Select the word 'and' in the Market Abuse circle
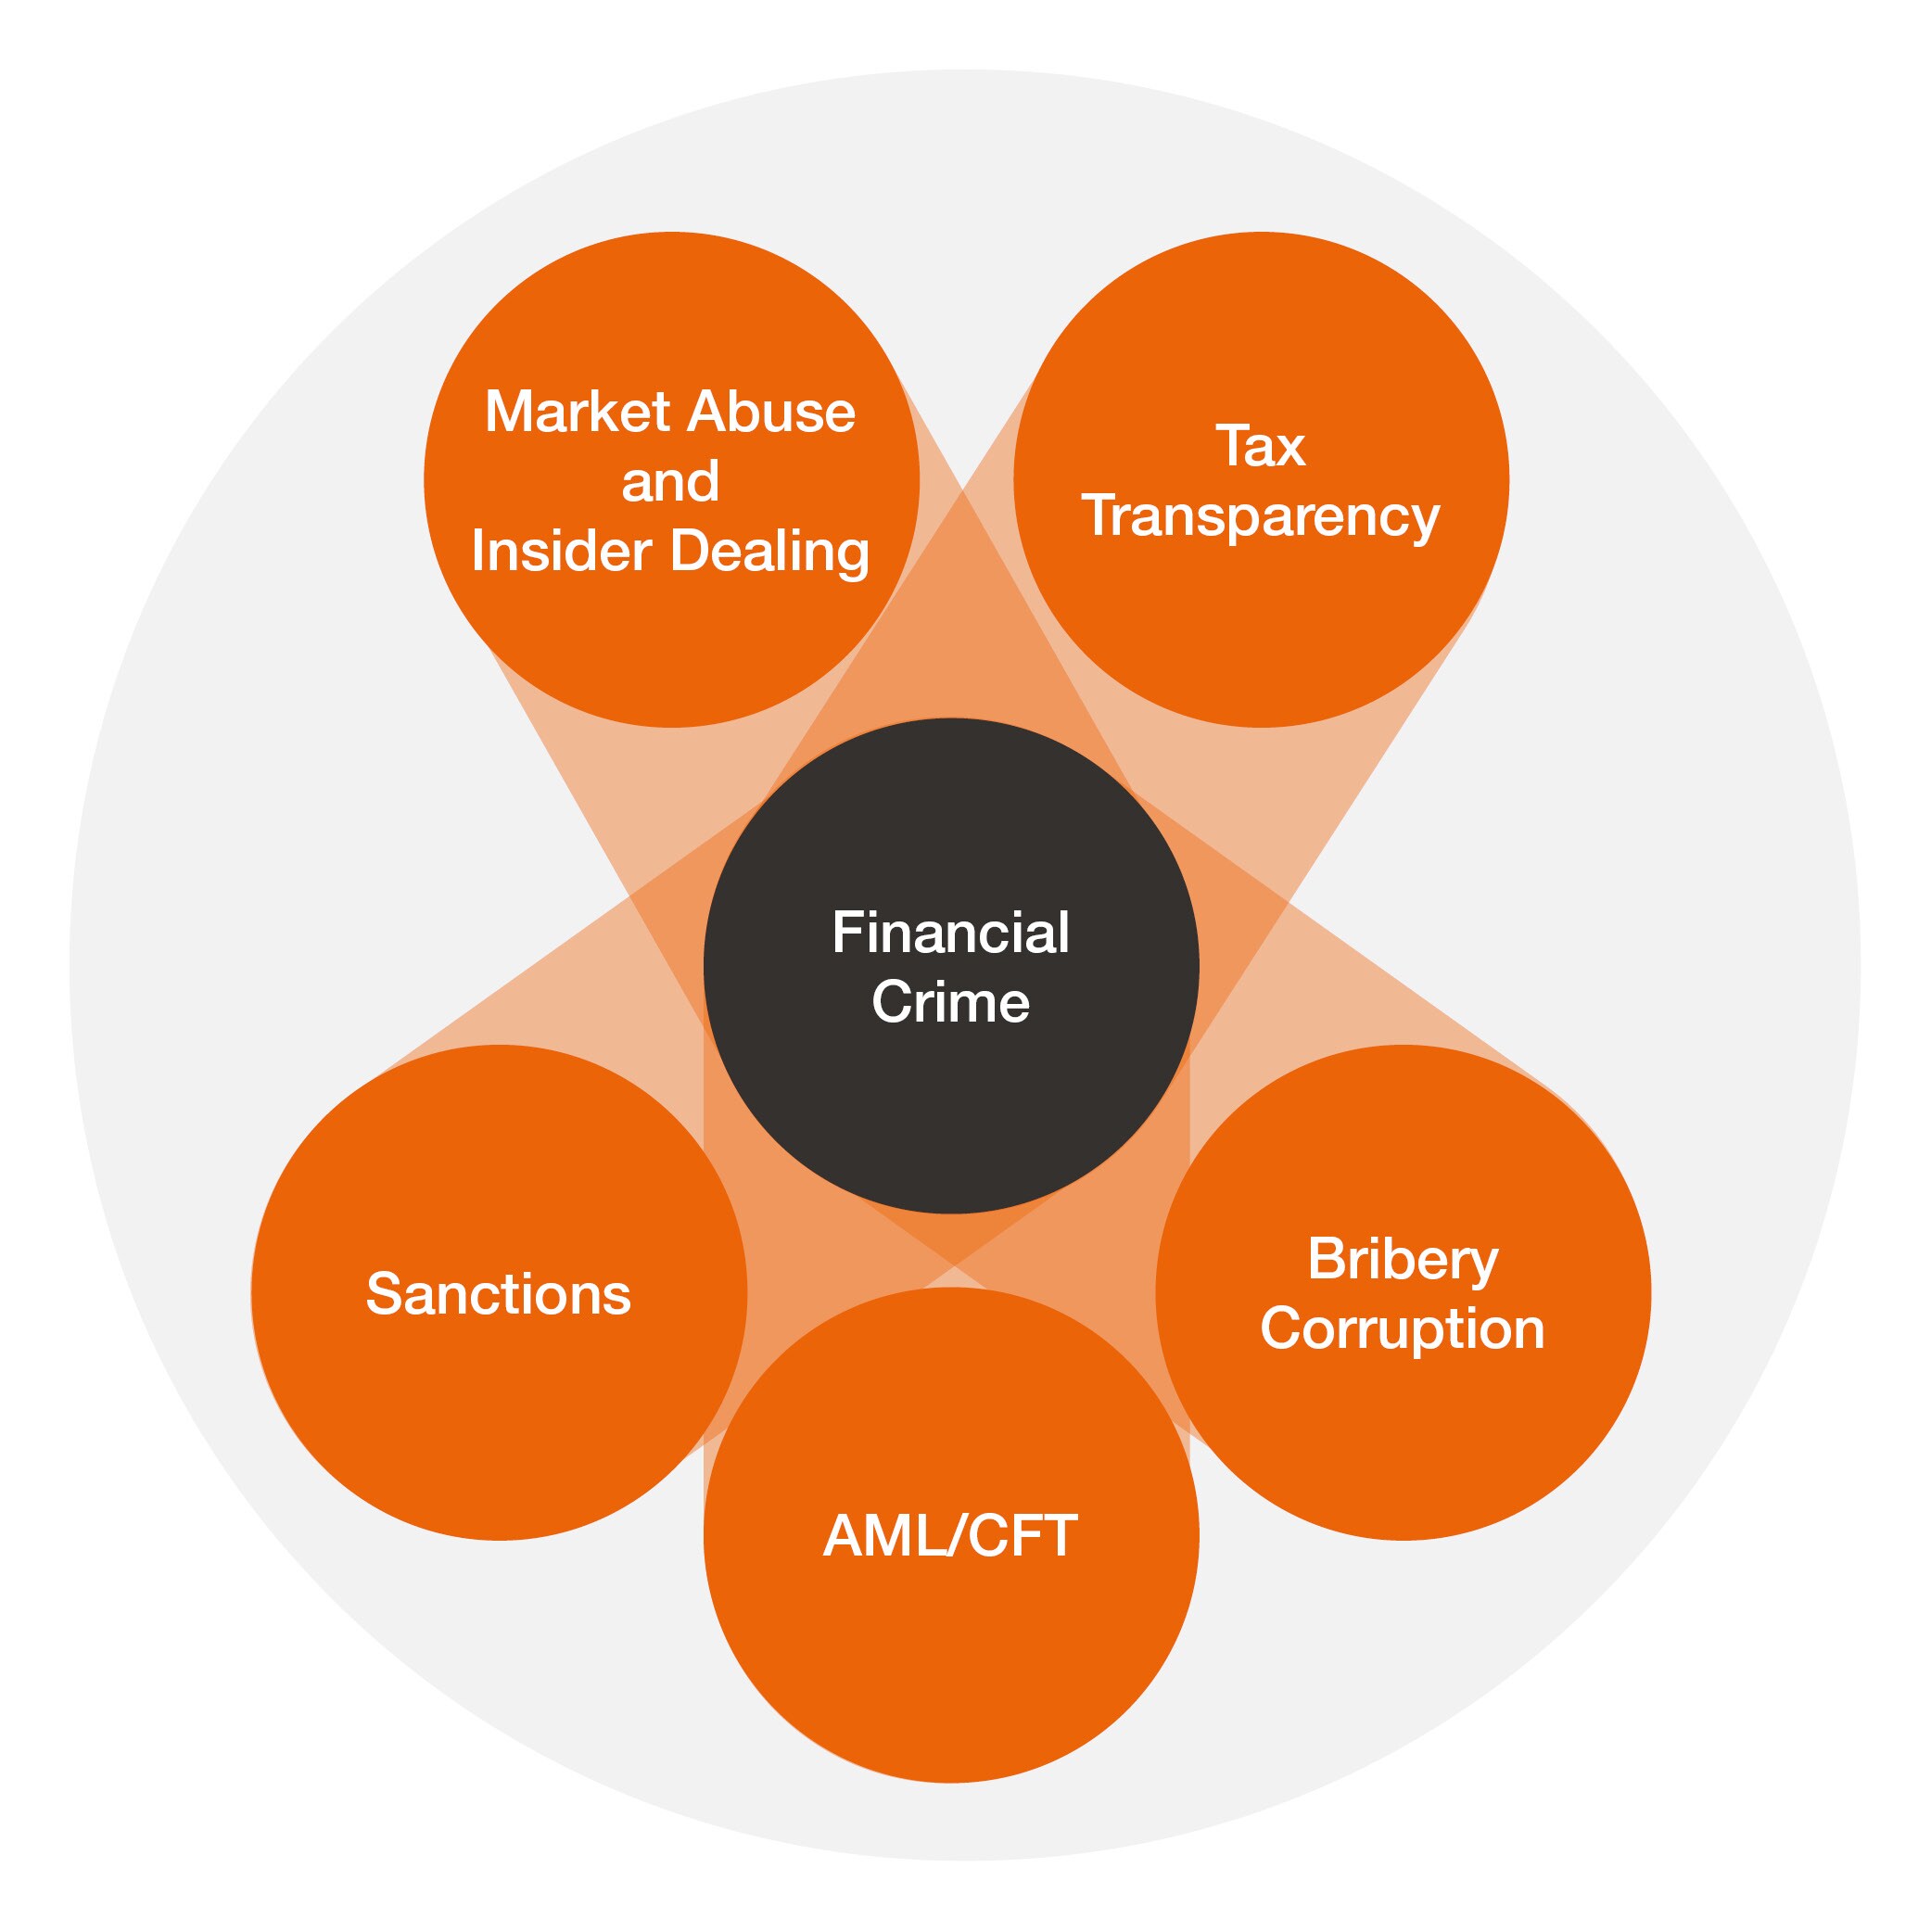[669, 482]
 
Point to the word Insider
[560, 551]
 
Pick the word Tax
[1261, 446]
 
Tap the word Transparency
[1261, 517]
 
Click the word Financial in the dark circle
[950, 933]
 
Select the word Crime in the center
[950, 1001]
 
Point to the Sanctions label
[499, 1294]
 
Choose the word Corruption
[1403, 1329]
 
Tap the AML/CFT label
[950, 1536]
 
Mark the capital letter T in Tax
[1233, 446]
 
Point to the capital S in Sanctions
[384, 1294]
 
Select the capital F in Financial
[845, 933]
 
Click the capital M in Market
[508, 412]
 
